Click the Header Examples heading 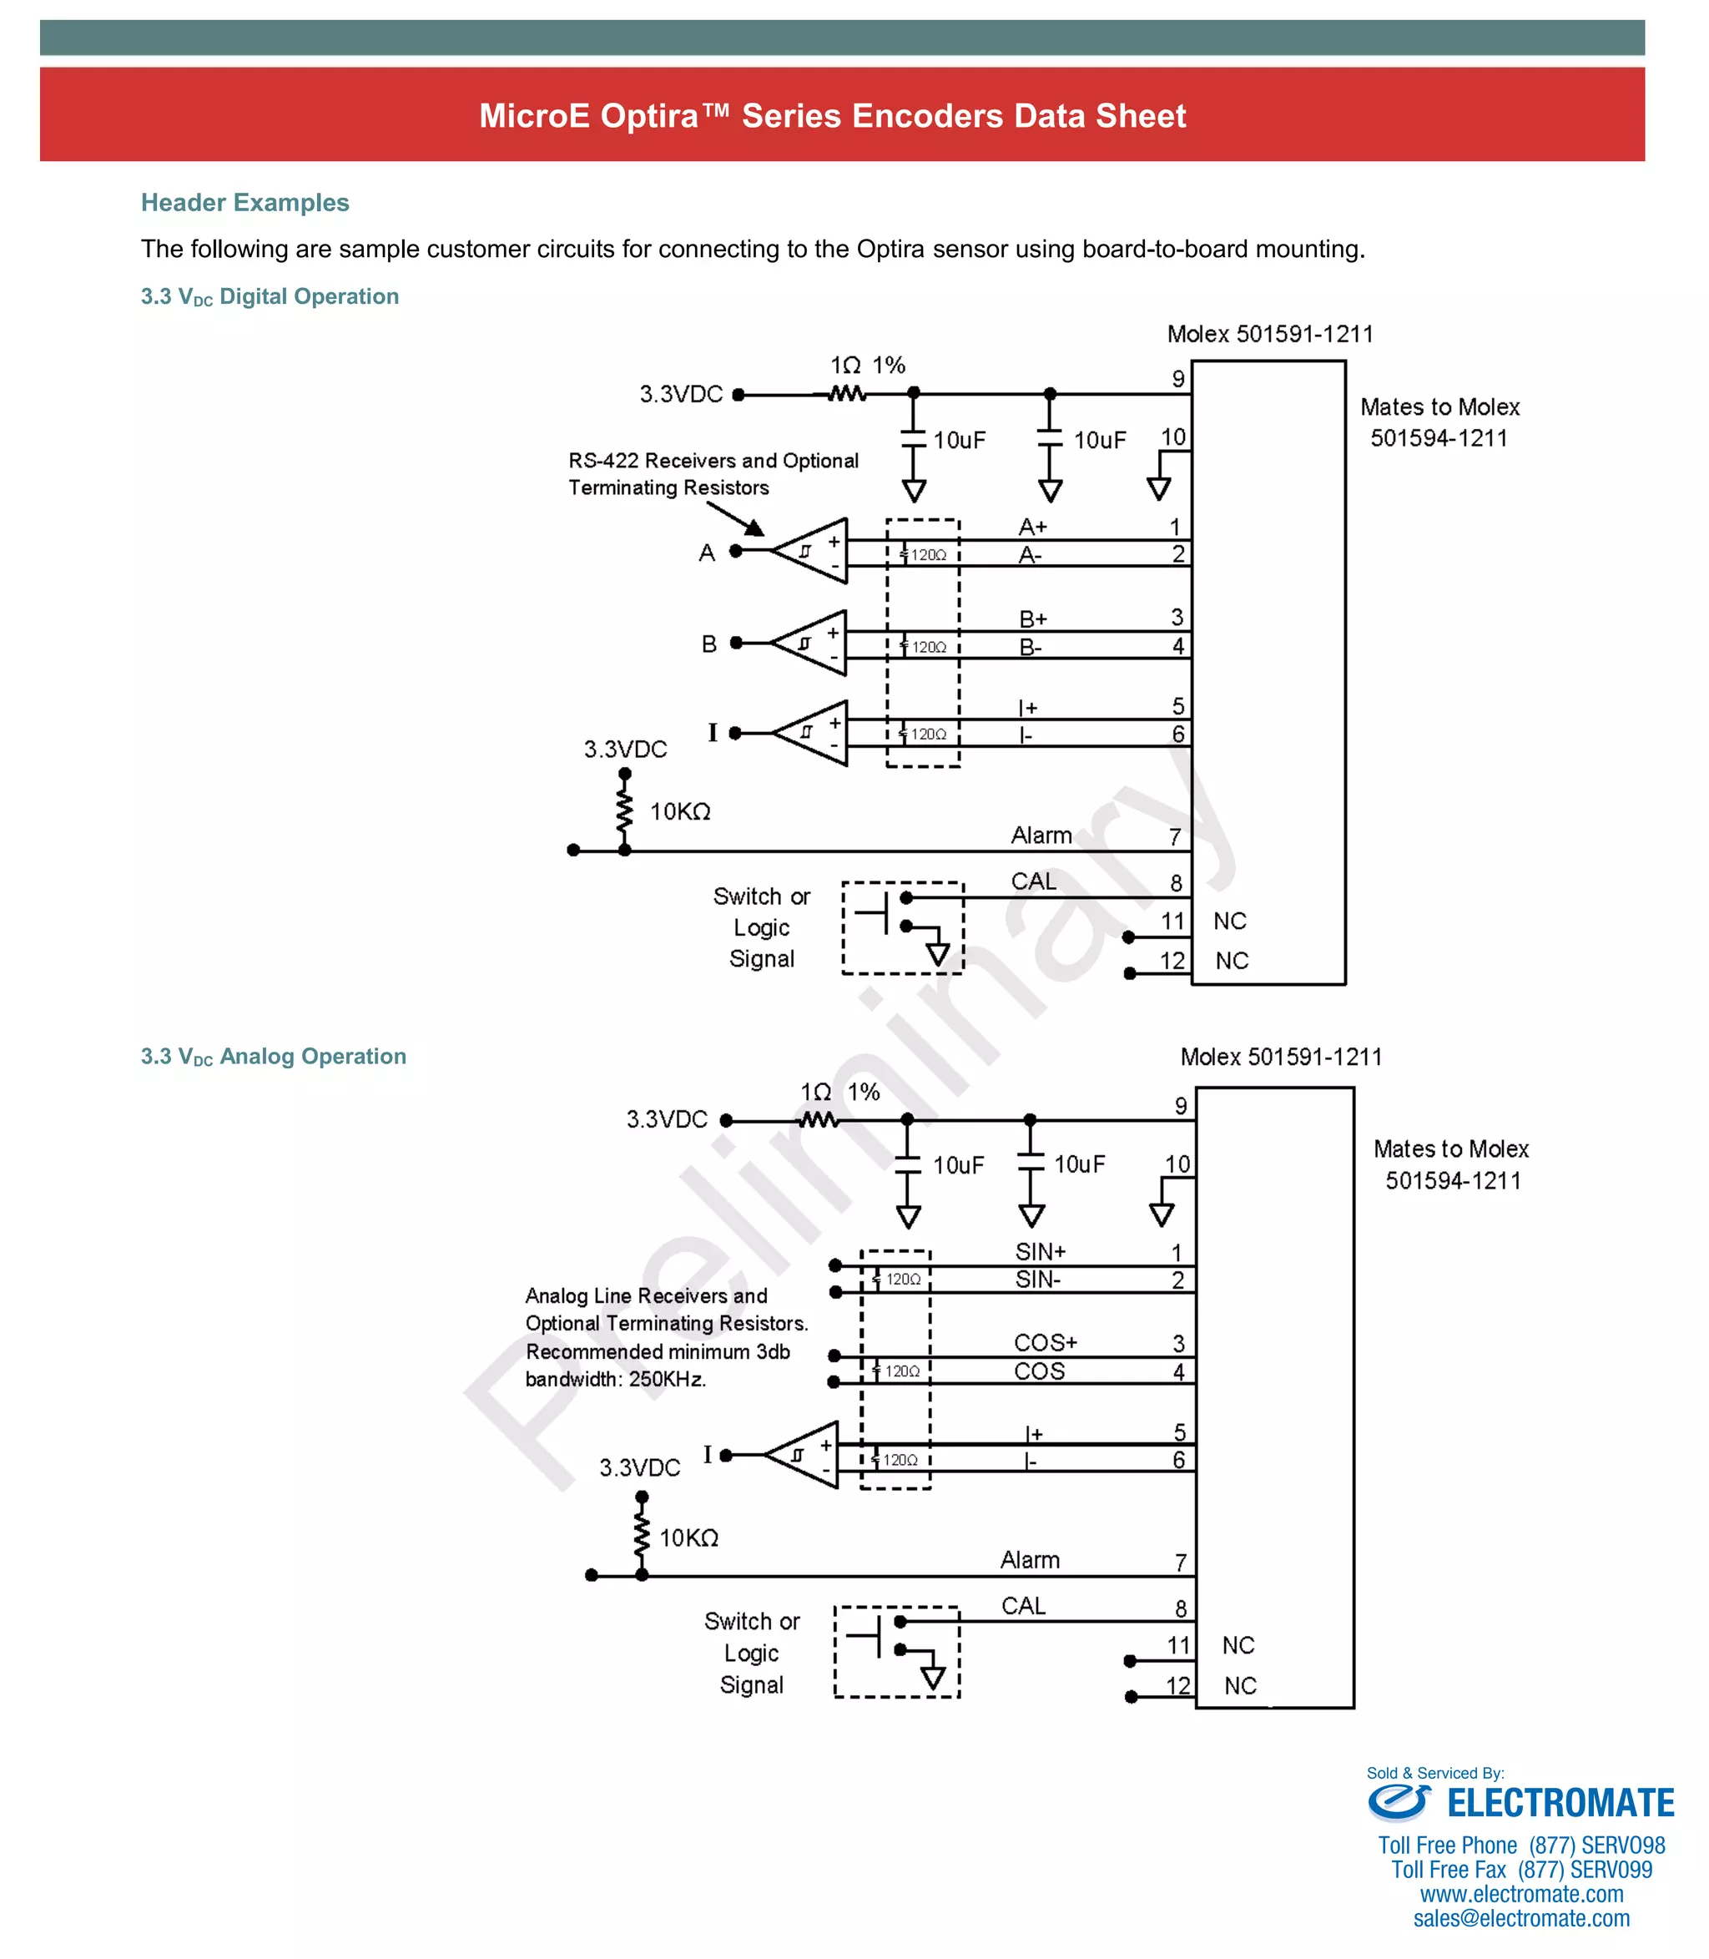tap(245, 202)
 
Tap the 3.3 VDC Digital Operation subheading tap(270, 296)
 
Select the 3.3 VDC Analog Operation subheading tap(274, 1056)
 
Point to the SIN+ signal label tap(1040, 1250)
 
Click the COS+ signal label tap(1046, 1342)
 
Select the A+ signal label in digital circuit tap(1033, 527)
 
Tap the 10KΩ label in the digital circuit tap(680, 811)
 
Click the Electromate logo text tap(1560, 1804)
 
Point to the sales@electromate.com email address tap(1521, 1918)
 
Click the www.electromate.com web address tap(1521, 1893)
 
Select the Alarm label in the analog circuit tap(1030, 1559)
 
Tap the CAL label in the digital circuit tap(1034, 881)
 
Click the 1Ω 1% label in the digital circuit tap(867, 366)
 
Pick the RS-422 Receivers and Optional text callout tap(713, 461)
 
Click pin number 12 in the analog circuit tap(1179, 1685)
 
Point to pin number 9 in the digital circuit tap(1179, 379)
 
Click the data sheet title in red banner tap(832, 115)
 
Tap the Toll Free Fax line tap(1521, 1870)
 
